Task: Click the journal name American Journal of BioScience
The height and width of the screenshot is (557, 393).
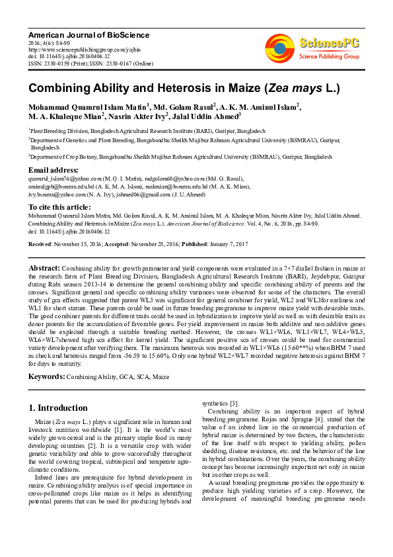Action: pyautogui.click(x=89, y=34)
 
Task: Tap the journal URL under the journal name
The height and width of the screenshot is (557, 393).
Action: pyautogui.click(x=75, y=49)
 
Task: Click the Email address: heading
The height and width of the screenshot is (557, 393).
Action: pyautogui.click(x=55, y=170)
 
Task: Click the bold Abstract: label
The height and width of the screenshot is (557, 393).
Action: pyautogui.click(x=44, y=267)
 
